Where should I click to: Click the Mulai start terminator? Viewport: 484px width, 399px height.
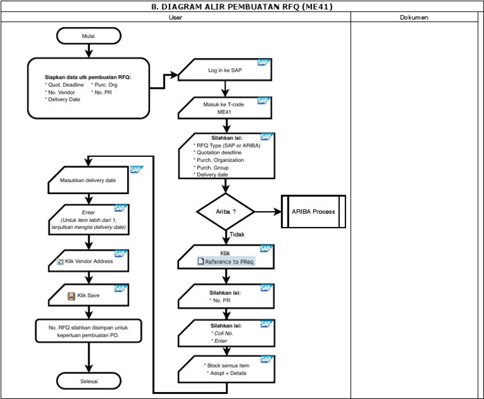pos(88,37)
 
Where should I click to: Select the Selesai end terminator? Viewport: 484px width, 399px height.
pos(88,381)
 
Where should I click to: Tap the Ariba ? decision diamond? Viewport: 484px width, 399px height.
pos(225,212)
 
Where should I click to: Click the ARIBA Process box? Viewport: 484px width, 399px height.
pos(313,212)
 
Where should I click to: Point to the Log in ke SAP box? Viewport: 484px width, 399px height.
pos(225,71)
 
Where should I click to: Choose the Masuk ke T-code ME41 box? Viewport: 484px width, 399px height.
pos(225,108)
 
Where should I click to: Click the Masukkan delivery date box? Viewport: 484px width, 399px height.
pos(88,180)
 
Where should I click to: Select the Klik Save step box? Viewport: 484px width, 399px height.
pos(88,295)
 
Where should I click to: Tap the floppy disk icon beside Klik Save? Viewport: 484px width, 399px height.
pos(71,296)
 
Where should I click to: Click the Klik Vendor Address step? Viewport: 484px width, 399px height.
pos(88,260)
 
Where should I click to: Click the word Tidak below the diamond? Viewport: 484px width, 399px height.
pos(237,234)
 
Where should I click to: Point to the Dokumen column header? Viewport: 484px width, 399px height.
pos(414,18)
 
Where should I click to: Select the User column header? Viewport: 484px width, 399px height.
pos(176,18)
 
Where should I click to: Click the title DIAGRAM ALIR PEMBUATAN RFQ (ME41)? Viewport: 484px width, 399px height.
pos(242,7)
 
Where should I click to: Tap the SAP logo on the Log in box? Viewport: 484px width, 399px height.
pos(263,62)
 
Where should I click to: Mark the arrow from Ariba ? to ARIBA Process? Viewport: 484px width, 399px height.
pos(267,212)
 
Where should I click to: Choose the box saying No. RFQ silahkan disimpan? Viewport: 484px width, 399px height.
pos(88,331)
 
